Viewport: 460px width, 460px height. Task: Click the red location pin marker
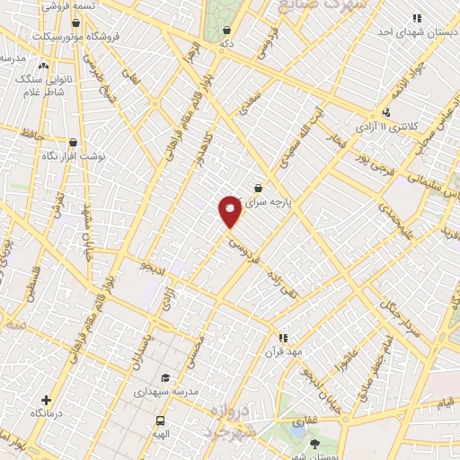[x=230, y=210]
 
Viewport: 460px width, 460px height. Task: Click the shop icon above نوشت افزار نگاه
[x=73, y=142]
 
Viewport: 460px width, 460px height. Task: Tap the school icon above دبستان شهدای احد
[x=416, y=18]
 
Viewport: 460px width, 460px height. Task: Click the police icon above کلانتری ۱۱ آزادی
[x=385, y=113]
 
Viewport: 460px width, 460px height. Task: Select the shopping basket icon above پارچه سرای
[x=259, y=188]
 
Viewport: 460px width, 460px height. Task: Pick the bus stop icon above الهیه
[x=161, y=420]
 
